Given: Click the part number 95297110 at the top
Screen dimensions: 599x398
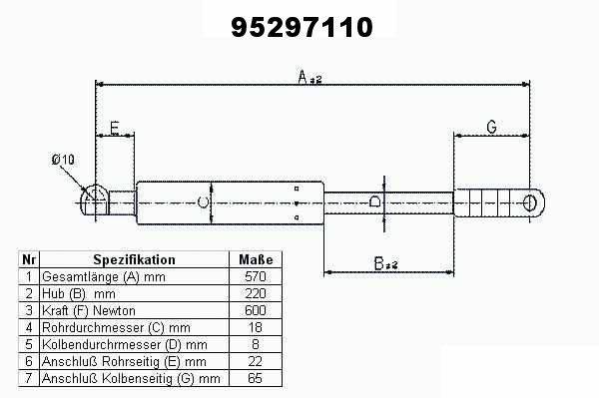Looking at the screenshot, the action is click(x=301, y=27).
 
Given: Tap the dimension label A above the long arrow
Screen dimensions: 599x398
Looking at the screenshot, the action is click(x=309, y=77).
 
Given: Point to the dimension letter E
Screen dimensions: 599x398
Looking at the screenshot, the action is click(x=115, y=128).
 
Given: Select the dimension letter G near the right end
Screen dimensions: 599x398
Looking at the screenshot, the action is click(x=491, y=127).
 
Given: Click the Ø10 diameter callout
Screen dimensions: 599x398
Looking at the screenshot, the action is click(x=63, y=160).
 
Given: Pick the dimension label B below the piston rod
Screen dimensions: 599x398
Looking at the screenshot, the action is click(x=385, y=263).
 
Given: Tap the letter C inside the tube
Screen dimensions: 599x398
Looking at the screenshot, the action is click(x=203, y=202).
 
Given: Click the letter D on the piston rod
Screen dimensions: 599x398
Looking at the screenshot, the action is click(x=375, y=201).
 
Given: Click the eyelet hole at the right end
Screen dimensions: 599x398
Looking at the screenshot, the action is click(x=529, y=202).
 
